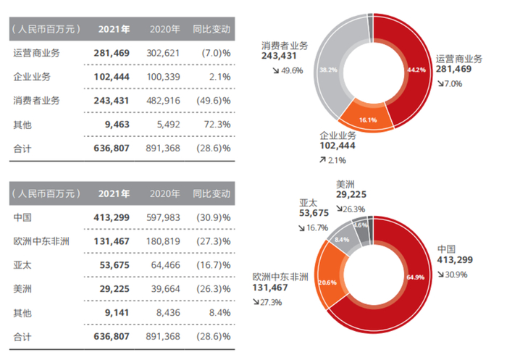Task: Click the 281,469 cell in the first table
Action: (112, 54)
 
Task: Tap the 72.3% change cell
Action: (217, 124)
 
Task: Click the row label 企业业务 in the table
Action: (32, 77)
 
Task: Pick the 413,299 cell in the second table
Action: (112, 217)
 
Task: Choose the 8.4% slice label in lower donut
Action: (343, 239)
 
